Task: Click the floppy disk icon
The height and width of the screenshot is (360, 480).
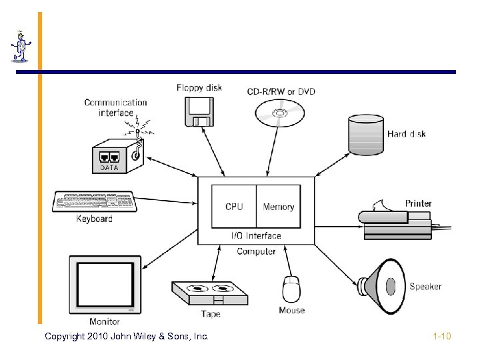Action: (199, 111)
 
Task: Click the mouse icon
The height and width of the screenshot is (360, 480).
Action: (291, 289)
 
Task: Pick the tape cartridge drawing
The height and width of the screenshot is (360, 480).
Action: (209, 293)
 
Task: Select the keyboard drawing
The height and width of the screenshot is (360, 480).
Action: (94, 201)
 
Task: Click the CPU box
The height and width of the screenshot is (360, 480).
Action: (234, 207)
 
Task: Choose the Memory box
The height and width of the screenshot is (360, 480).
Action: (279, 207)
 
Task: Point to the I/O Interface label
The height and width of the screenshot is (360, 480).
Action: (256, 235)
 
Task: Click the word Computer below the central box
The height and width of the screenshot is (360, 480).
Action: (256, 251)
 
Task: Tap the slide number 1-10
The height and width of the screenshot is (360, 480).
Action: (441, 336)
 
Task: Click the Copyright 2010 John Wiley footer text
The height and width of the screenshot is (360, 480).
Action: (127, 336)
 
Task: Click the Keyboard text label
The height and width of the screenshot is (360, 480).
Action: (94, 219)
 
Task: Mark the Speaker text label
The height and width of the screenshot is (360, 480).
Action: (425, 287)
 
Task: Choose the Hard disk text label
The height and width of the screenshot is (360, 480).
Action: (407, 134)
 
